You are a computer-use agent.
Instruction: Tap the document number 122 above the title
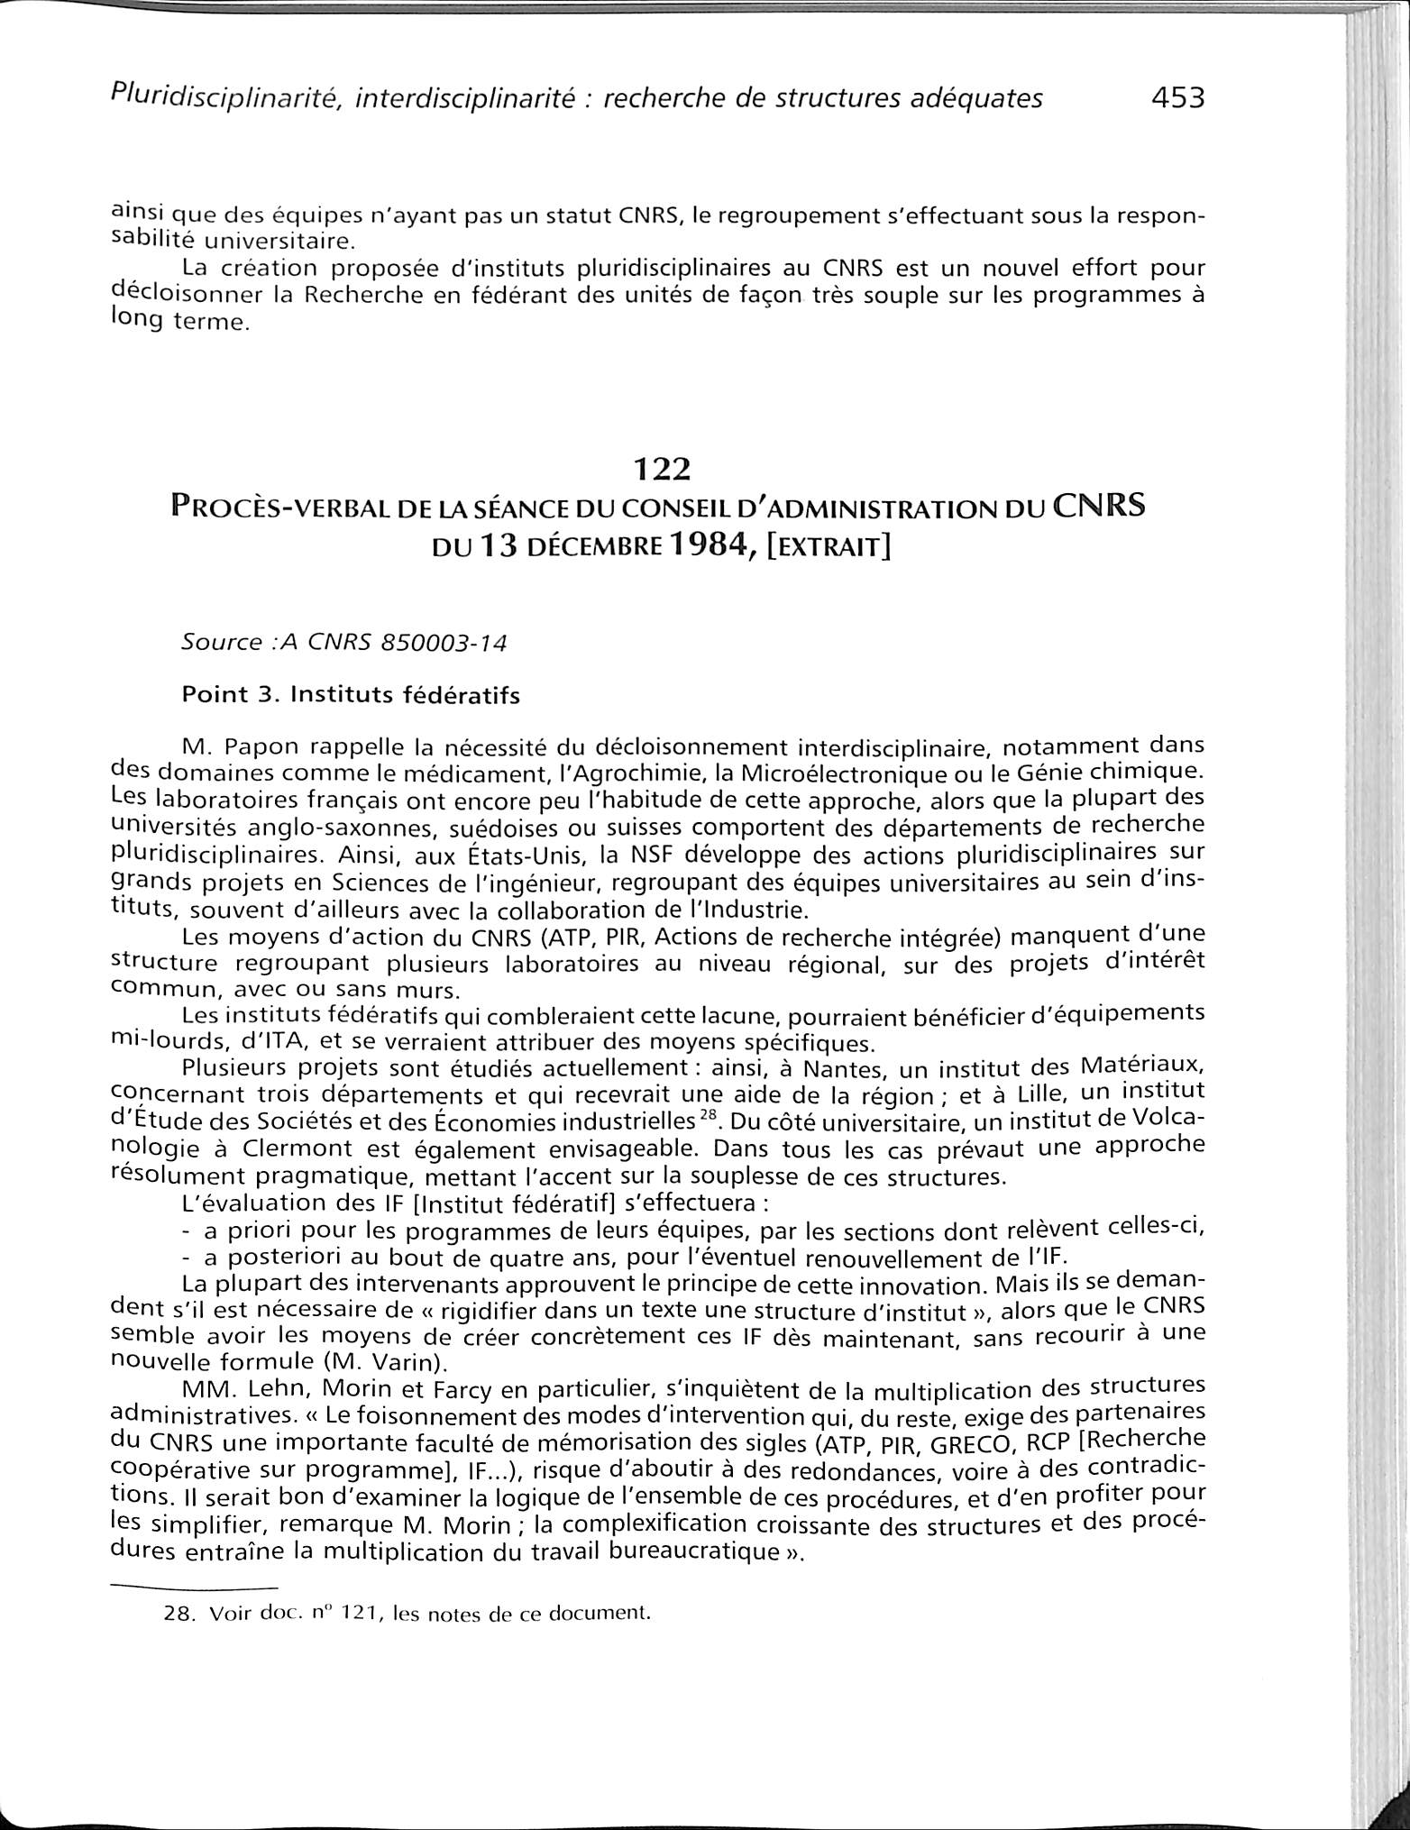coord(662,470)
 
